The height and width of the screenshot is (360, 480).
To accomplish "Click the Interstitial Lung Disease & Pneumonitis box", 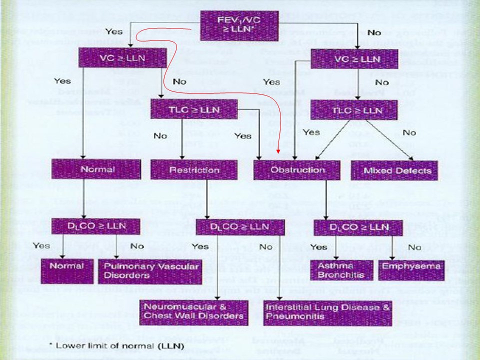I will (327, 311).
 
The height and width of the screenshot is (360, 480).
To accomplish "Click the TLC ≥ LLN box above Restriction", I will (187, 108).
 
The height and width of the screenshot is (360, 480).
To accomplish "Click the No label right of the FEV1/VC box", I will (374, 32).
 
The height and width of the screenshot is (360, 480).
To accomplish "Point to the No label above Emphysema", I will (414, 247).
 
